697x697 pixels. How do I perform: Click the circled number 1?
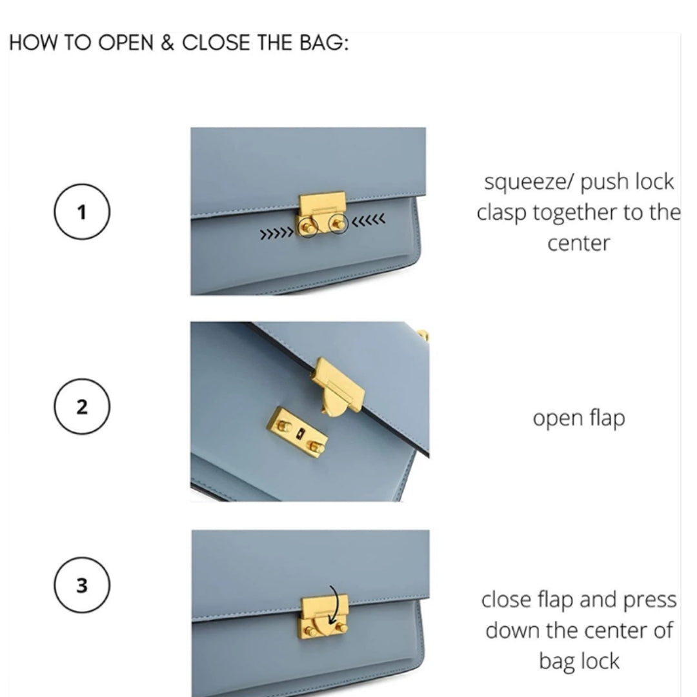(82, 212)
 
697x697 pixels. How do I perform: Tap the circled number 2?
(82, 407)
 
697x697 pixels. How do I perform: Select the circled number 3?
(82, 585)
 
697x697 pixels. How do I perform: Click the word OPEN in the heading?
(125, 43)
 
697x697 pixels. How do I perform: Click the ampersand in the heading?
(167, 43)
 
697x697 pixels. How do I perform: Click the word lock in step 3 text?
(599, 661)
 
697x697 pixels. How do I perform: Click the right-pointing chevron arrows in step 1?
(276, 234)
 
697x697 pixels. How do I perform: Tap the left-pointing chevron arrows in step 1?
(369, 219)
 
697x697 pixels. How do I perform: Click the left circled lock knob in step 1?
(308, 228)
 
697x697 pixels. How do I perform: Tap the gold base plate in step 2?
(298, 432)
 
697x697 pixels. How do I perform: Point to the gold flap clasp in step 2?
(338, 387)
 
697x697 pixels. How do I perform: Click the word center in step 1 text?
(578, 243)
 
